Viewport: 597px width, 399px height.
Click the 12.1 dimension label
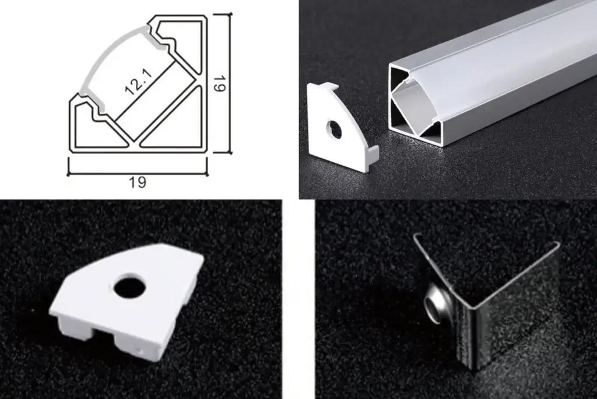136,83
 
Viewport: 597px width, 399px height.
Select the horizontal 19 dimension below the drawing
138,182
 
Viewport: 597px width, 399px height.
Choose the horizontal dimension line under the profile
138,173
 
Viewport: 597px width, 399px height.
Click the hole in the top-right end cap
335,129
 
